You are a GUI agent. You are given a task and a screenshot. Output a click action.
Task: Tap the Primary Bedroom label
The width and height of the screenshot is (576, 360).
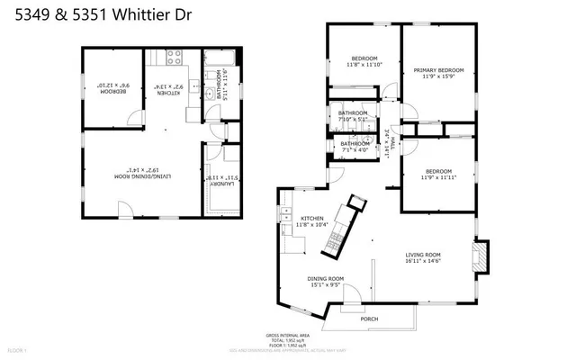point(438,74)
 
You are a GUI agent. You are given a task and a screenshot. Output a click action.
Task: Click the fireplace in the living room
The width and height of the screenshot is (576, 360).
point(481,255)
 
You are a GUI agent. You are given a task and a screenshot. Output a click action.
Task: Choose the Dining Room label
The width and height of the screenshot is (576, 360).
point(326,283)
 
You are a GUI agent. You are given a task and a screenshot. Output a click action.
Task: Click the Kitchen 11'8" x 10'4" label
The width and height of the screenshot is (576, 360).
point(312,221)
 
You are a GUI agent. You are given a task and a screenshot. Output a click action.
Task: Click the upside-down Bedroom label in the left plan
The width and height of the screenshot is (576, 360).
point(110,88)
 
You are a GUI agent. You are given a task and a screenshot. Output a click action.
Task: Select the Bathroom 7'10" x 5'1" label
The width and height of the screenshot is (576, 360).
point(353,115)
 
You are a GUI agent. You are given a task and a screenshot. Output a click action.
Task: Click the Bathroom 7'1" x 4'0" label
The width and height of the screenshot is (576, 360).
point(354,146)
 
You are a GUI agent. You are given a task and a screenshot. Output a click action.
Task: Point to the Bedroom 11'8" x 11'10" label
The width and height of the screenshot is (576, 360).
point(364,61)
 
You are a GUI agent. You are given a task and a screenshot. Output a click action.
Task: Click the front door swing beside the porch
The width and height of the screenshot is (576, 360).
point(354,298)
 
